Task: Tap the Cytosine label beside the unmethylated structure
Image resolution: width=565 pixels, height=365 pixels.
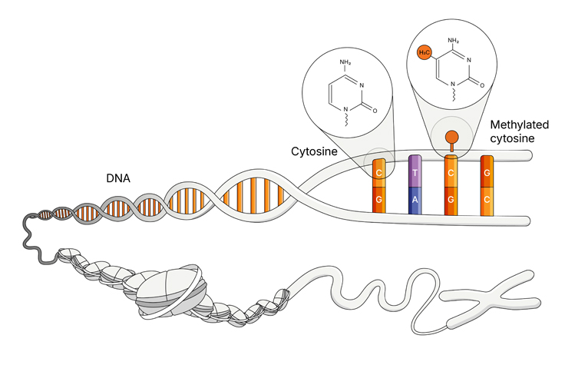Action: [314, 151]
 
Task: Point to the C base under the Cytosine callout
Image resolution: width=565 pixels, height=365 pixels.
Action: [379, 174]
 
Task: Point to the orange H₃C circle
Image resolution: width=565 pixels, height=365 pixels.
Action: [423, 52]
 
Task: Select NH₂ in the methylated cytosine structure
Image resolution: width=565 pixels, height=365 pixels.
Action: [454, 40]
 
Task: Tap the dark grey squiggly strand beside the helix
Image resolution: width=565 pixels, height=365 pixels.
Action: [34, 238]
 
